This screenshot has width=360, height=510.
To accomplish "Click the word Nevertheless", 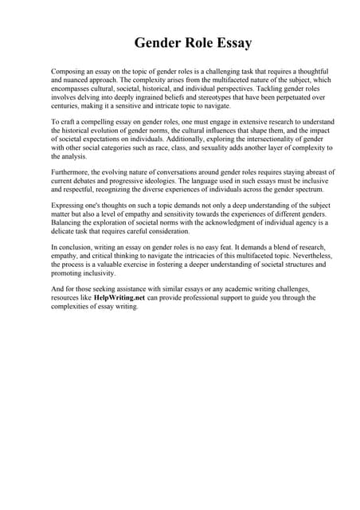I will pyautogui.click(x=303, y=257).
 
